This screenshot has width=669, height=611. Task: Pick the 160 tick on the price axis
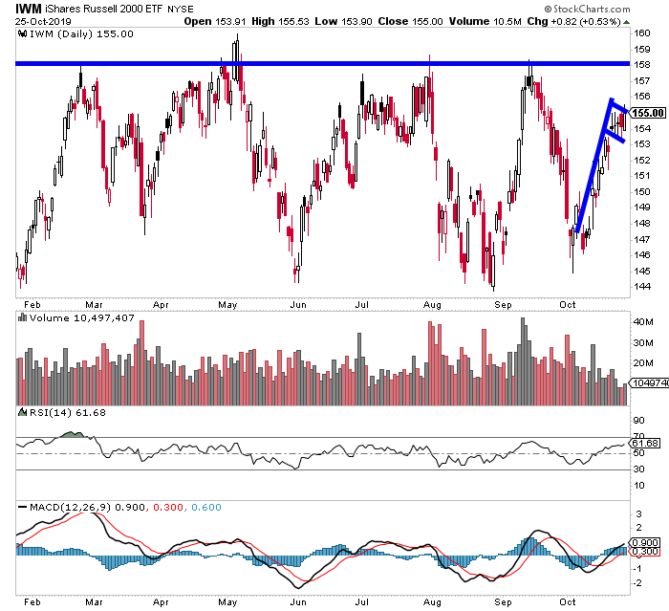pos(641,33)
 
